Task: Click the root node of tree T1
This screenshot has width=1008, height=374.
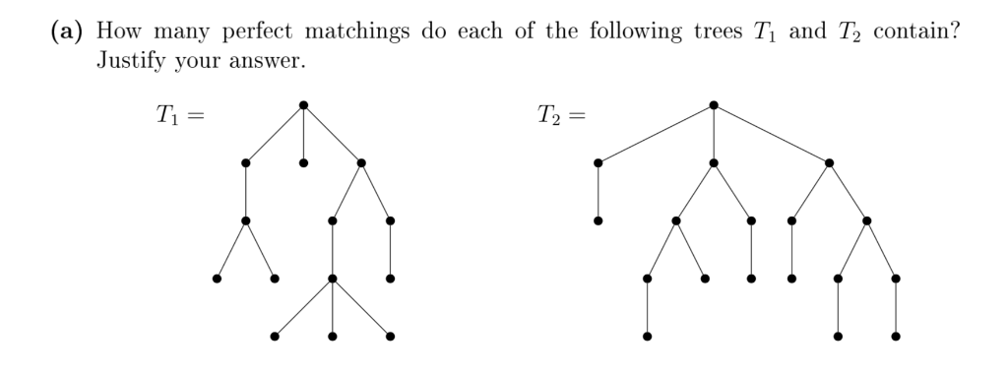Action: point(303,104)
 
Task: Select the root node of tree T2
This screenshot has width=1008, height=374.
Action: point(713,104)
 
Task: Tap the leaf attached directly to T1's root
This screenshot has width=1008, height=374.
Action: point(303,162)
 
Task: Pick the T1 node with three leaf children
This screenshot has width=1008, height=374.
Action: point(333,279)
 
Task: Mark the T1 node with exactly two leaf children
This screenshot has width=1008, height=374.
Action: point(245,220)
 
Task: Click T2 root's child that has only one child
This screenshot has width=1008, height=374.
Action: point(598,162)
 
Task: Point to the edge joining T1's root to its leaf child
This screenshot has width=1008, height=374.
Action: point(303,134)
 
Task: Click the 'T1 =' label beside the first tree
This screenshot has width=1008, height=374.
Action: point(178,116)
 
